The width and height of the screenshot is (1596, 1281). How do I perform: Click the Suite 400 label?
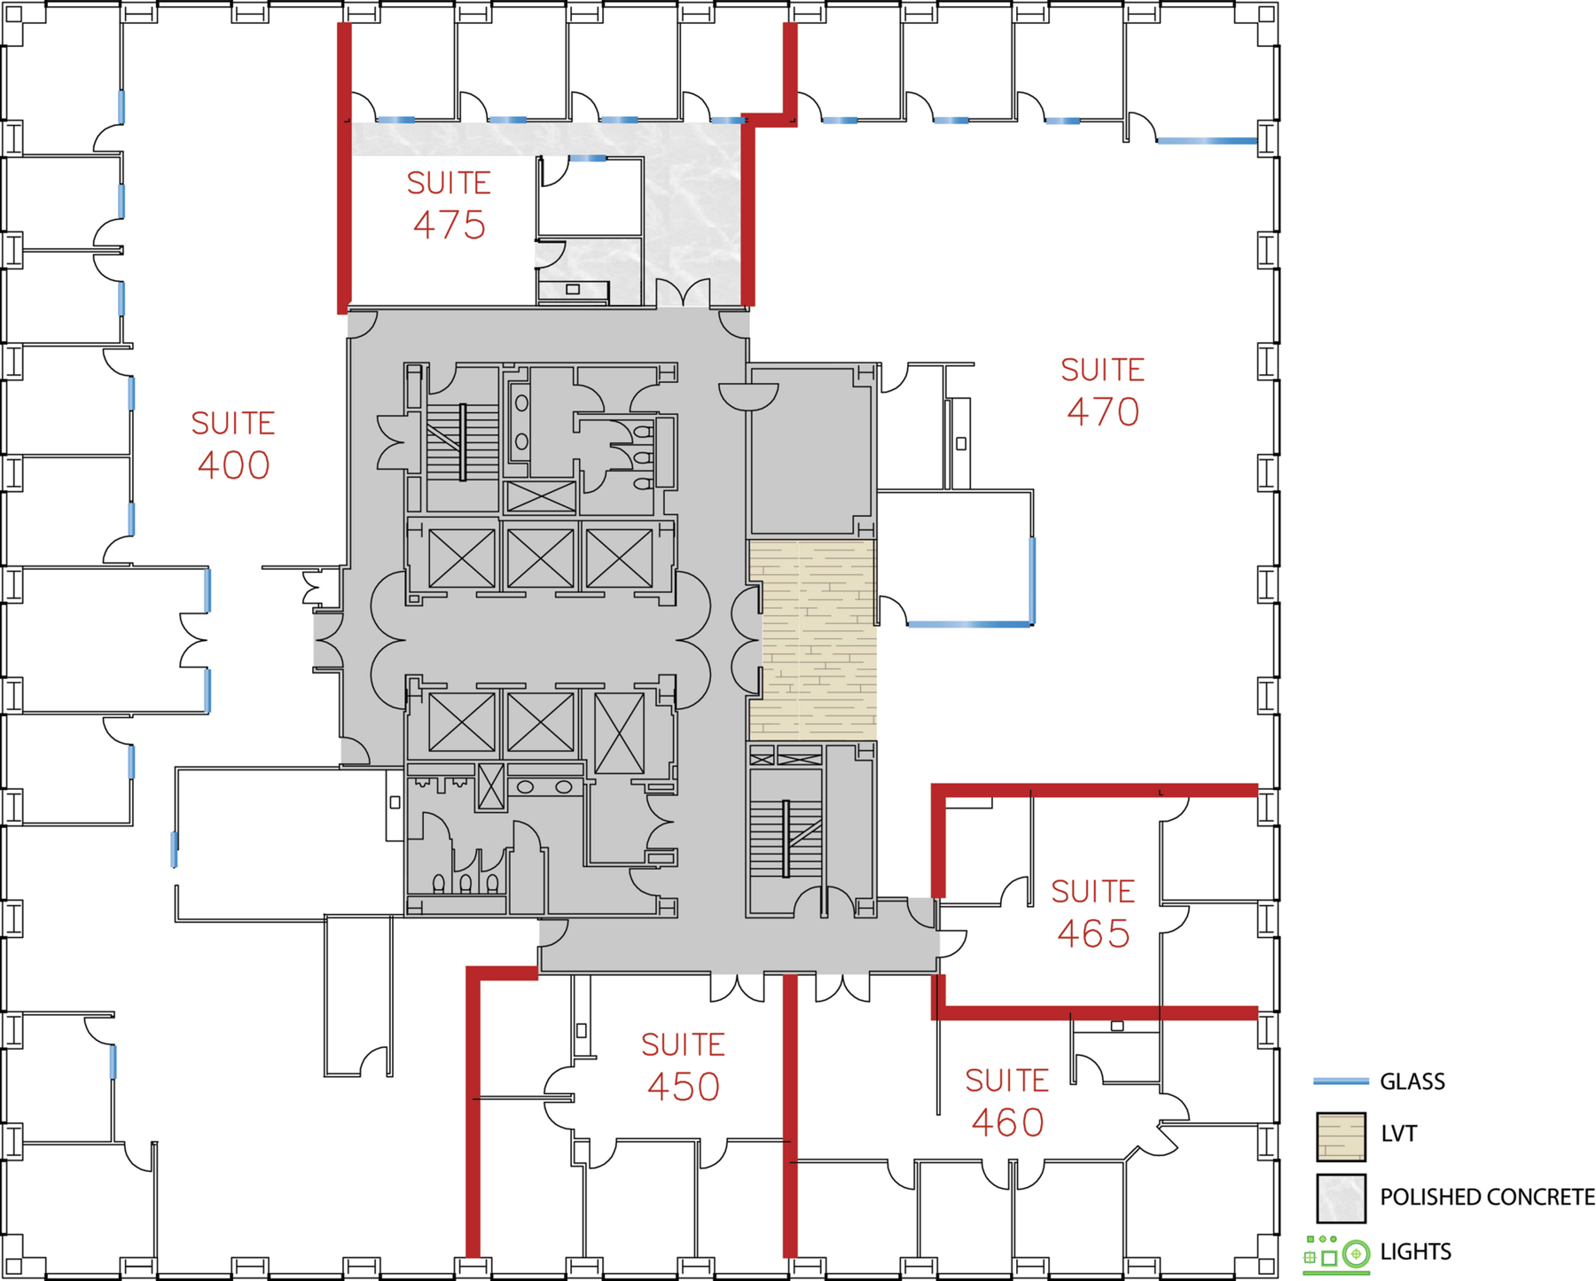[233, 445]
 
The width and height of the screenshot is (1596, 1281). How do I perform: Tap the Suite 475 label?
[449, 205]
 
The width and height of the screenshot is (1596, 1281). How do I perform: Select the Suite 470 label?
[1103, 392]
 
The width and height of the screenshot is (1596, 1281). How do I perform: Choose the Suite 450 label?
[684, 1066]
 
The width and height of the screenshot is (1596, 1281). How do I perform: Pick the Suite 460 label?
[1007, 1103]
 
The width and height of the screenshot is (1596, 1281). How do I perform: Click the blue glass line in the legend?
[1341, 1082]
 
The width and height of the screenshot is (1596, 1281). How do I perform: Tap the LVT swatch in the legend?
[1341, 1136]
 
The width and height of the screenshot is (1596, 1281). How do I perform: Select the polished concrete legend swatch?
[1341, 1199]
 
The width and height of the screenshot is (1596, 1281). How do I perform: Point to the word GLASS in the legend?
[1412, 1082]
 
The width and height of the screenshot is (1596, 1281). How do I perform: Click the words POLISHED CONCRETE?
[1487, 1198]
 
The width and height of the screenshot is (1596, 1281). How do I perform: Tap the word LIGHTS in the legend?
[1416, 1252]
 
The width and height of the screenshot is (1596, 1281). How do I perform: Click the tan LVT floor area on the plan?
[813, 640]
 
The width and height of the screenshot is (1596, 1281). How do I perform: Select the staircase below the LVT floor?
[786, 838]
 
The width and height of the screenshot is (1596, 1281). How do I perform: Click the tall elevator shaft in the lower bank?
[619, 733]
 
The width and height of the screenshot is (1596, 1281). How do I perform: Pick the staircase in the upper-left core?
[462, 441]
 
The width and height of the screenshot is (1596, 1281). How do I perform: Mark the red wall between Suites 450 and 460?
[789, 1115]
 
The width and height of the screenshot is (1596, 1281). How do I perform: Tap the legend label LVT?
[1398, 1134]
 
